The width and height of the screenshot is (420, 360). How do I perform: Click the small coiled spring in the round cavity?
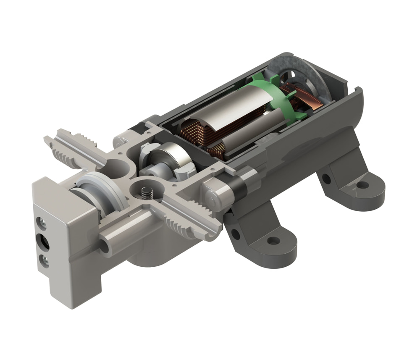pyautogui.click(x=146, y=193)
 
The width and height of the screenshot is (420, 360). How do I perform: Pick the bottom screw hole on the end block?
pyautogui.click(x=44, y=262)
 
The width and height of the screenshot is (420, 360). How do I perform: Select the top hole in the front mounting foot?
pyautogui.click(x=273, y=241)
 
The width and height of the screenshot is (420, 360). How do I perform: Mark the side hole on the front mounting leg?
pyautogui.click(x=236, y=234)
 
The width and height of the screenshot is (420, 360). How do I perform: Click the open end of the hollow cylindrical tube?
pyautogui.click(x=104, y=247)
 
